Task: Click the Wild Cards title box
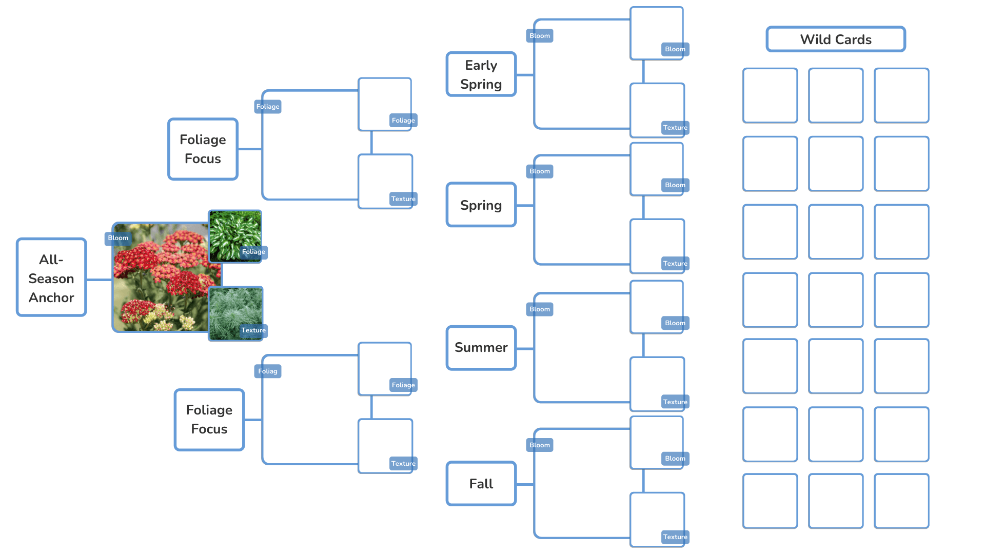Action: [x=836, y=39]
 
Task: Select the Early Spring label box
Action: [x=481, y=74]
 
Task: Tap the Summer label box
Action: [x=481, y=348]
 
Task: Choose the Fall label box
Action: [x=481, y=484]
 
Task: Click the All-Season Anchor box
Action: [x=51, y=278]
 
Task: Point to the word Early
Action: [x=481, y=65]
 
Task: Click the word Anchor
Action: [x=51, y=298]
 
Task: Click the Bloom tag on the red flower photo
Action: [x=118, y=238]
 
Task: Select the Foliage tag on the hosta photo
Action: [x=253, y=252]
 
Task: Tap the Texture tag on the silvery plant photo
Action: [x=253, y=330]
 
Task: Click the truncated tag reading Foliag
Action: [x=268, y=371]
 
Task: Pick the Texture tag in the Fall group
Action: [x=675, y=537]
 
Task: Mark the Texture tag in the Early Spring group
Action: [x=675, y=128]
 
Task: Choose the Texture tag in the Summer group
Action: [x=675, y=402]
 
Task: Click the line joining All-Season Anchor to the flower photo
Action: [x=99, y=280]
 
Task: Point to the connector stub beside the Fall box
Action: [x=525, y=484]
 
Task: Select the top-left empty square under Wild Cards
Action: [x=770, y=95]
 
